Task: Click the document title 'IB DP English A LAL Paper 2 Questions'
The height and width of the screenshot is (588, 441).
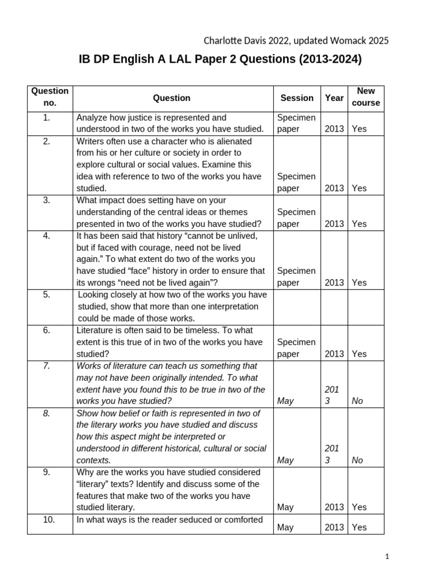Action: click(220, 60)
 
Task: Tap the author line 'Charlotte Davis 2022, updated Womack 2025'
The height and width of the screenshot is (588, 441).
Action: click(296, 40)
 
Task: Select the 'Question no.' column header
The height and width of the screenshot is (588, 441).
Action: click(50, 97)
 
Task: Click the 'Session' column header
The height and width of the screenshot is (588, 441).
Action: click(297, 98)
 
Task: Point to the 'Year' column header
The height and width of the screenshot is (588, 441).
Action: click(334, 98)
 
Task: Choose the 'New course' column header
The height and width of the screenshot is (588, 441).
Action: click(366, 97)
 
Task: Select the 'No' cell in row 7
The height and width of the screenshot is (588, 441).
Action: click(357, 401)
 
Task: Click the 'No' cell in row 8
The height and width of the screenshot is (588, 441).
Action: click(357, 460)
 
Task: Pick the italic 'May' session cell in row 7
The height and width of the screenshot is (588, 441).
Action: click(285, 401)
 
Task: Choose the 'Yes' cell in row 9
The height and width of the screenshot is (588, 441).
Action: click(359, 507)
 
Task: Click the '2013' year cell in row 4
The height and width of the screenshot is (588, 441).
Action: click(334, 283)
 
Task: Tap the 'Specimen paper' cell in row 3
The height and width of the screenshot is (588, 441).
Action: click(296, 218)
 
